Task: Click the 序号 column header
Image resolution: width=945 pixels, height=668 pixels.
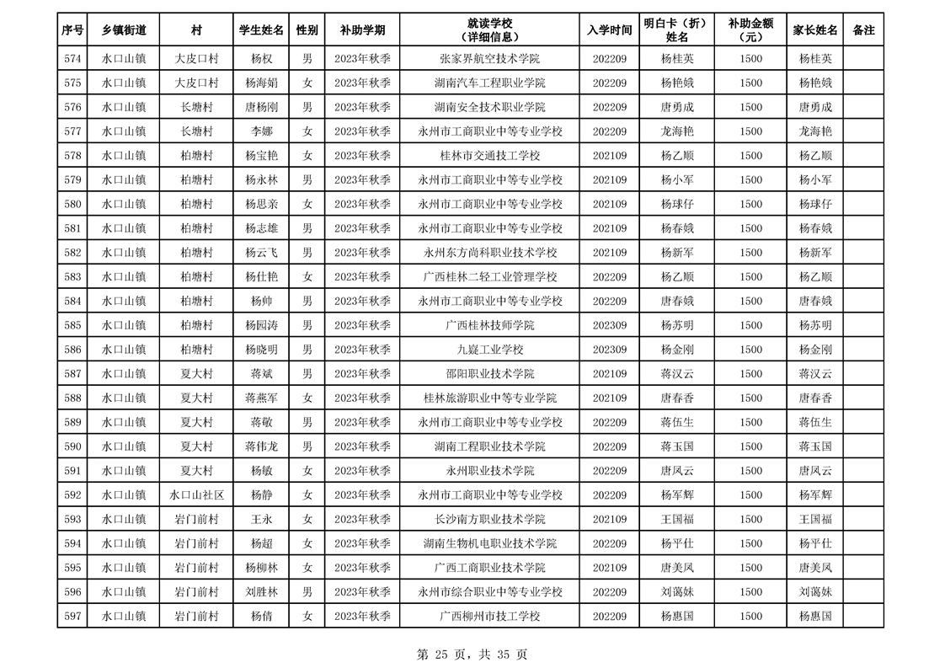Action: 72,30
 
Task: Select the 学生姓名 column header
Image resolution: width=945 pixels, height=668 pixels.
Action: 262,30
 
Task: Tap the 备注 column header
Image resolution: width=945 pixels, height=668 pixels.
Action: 863,30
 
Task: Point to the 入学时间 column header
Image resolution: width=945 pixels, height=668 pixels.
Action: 610,30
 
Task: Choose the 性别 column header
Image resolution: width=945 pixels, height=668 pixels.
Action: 307,30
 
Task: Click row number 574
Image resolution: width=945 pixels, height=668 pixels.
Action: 72,59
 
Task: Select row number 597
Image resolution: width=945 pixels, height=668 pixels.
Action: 72,617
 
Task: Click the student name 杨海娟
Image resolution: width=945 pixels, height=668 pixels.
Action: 262,83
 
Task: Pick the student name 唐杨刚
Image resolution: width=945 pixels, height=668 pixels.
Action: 262,108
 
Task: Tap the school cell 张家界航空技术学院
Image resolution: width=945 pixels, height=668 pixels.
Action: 489,59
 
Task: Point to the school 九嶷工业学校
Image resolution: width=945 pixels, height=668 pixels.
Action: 489,350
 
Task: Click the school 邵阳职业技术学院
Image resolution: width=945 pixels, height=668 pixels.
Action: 489,374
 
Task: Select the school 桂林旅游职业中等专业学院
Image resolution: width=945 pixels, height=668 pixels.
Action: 489,398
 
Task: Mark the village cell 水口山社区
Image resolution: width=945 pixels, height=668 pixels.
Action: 196,495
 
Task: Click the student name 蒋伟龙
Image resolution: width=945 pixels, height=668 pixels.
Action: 262,446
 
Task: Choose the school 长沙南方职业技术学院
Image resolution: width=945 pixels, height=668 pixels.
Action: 489,520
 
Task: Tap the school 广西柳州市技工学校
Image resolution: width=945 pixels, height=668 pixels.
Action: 489,617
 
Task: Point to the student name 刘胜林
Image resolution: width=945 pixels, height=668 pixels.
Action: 262,592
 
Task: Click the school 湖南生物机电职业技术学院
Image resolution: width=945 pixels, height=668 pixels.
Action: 489,544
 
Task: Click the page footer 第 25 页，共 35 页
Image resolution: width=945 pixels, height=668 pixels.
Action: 472,654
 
